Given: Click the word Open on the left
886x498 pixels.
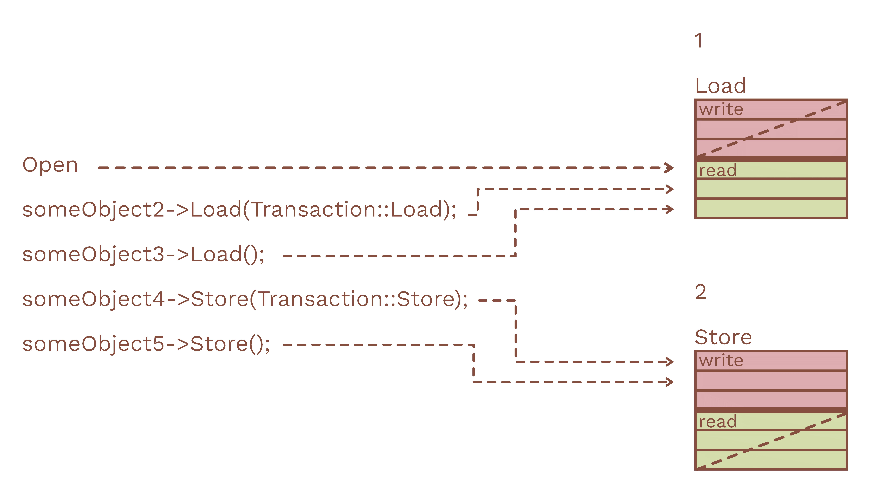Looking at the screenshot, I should pos(50,165).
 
